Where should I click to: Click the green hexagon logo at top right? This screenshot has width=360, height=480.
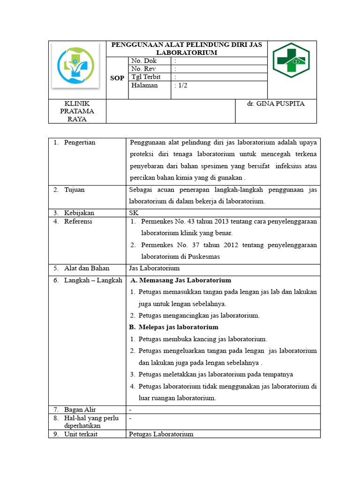click(291, 60)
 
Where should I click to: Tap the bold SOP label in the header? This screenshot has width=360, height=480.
click(117, 78)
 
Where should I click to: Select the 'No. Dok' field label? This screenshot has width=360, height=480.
click(144, 61)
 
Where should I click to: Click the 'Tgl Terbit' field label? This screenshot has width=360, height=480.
click(145, 77)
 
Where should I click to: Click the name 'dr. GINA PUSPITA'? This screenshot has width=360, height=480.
click(276, 104)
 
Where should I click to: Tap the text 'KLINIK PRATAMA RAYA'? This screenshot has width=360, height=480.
click(77, 111)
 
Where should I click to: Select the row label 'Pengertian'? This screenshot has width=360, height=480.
click(80, 142)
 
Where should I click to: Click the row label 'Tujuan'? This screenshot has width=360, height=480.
click(75, 190)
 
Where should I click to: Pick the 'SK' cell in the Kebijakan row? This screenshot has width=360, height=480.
click(134, 213)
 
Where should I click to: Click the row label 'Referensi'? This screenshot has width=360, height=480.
click(78, 221)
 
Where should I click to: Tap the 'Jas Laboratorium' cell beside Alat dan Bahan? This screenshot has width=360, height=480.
click(154, 268)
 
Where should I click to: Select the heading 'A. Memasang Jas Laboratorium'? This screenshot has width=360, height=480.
click(180, 280)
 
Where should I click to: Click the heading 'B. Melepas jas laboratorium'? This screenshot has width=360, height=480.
click(173, 327)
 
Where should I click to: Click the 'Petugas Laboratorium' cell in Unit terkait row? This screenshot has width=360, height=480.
click(161, 434)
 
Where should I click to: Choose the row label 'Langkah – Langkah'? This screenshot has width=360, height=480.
click(93, 280)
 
